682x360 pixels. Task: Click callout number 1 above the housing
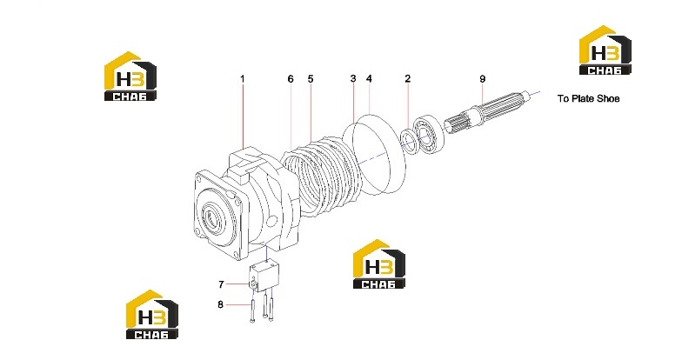(242, 79)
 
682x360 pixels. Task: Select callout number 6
(291, 79)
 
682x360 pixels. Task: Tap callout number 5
(310, 79)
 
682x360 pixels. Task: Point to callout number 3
(353, 78)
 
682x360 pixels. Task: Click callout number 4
(369, 78)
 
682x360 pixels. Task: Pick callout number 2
(407, 78)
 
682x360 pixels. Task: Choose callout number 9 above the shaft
(482, 79)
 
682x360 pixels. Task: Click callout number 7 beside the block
(221, 284)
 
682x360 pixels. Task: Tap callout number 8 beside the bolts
(221, 304)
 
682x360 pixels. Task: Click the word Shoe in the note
(608, 99)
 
